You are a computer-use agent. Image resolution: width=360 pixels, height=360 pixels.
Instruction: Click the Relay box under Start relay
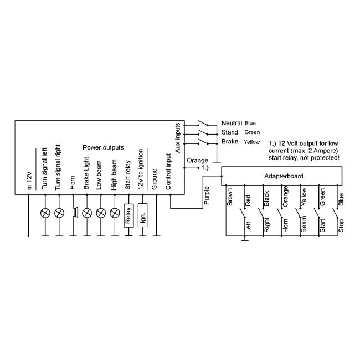tap(128, 215)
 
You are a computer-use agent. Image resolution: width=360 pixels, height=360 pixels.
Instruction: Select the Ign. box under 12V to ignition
tap(142, 215)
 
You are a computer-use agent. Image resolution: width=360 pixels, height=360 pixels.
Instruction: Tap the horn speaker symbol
tap(75, 212)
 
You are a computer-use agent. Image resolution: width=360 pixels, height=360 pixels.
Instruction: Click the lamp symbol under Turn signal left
tap(45, 213)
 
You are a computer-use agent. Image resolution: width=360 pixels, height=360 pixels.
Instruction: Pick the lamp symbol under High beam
tap(115, 213)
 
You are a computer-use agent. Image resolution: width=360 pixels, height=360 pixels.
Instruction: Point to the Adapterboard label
tap(284, 176)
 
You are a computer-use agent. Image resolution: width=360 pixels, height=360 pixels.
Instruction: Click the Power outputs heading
tap(103, 147)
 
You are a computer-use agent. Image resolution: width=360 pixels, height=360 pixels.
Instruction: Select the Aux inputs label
tap(178, 138)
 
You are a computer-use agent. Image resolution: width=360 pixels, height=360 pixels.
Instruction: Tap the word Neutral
tap(232, 123)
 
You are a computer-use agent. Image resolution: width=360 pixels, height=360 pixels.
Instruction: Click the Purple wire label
tap(207, 196)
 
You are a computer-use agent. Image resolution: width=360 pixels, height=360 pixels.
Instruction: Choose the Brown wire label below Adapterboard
tap(230, 197)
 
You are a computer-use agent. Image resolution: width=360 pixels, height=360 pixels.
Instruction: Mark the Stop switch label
tap(341, 225)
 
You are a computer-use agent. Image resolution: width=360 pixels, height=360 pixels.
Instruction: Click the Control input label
tap(168, 172)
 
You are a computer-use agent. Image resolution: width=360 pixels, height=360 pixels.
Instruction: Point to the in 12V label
tap(29, 181)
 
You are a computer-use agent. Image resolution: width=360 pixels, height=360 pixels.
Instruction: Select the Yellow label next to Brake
tap(251, 142)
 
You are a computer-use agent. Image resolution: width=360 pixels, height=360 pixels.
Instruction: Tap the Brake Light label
tap(86, 173)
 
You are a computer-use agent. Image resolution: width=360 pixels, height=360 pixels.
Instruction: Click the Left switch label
tap(248, 227)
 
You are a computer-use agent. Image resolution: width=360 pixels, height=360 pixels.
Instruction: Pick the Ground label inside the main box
tap(155, 179)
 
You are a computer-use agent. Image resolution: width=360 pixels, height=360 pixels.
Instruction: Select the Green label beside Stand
tap(252, 132)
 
